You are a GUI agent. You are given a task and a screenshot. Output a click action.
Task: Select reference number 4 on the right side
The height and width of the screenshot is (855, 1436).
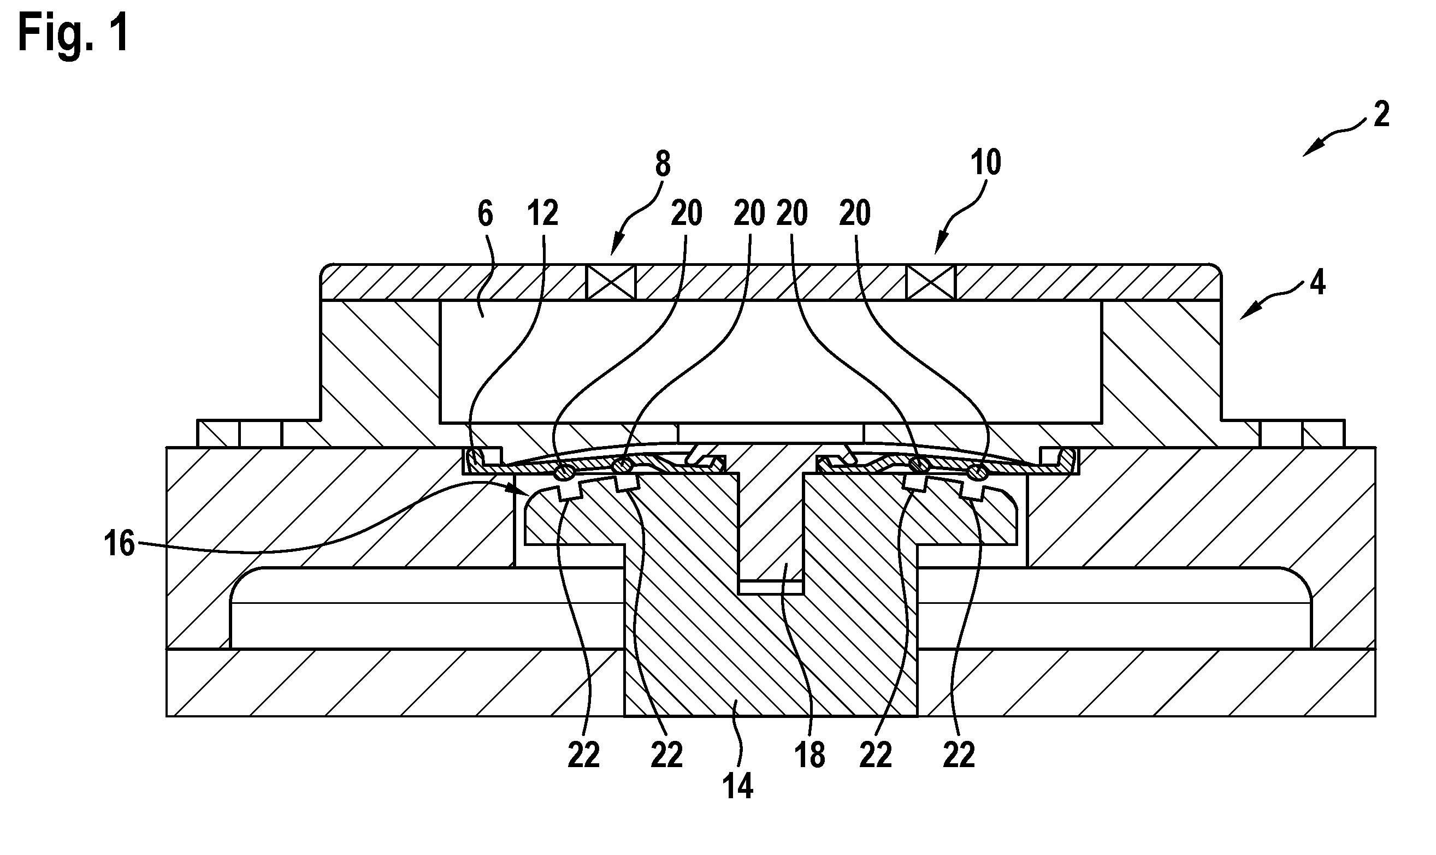[1316, 283]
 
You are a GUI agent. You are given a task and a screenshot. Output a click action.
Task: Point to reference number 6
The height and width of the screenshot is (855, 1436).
[485, 214]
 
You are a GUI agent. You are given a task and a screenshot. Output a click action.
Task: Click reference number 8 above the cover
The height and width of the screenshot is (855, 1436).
[663, 164]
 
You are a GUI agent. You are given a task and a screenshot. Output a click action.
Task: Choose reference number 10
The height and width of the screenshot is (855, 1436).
[986, 163]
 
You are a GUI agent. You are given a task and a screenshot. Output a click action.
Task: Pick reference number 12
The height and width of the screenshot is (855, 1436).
[543, 214]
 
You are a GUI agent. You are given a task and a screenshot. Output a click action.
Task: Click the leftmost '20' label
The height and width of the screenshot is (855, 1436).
[686, 214]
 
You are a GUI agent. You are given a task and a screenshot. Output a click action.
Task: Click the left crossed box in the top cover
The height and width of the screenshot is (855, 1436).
[611, 282]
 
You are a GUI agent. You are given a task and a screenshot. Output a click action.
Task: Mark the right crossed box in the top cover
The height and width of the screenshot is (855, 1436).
[931, 282]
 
